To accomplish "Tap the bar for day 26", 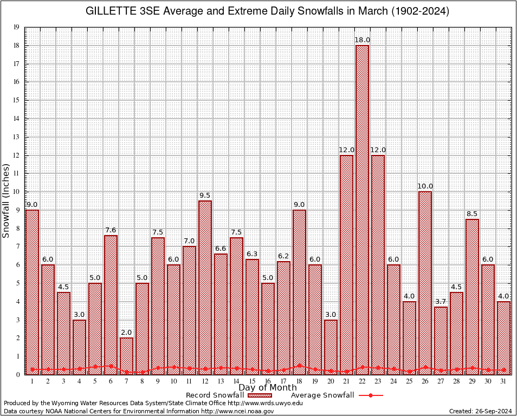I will [x=425, y=282].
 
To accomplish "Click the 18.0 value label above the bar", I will [x=362, y=40].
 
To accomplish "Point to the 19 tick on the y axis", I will [x=17, y=27].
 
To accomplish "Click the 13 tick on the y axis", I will [x=17, y=137].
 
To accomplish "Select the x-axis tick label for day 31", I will [x=503, y=381].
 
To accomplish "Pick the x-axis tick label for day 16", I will [x=268, y=381].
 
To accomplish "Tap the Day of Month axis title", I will [x=267, y=388].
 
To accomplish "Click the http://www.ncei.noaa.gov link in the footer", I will [x=237, y=412].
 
